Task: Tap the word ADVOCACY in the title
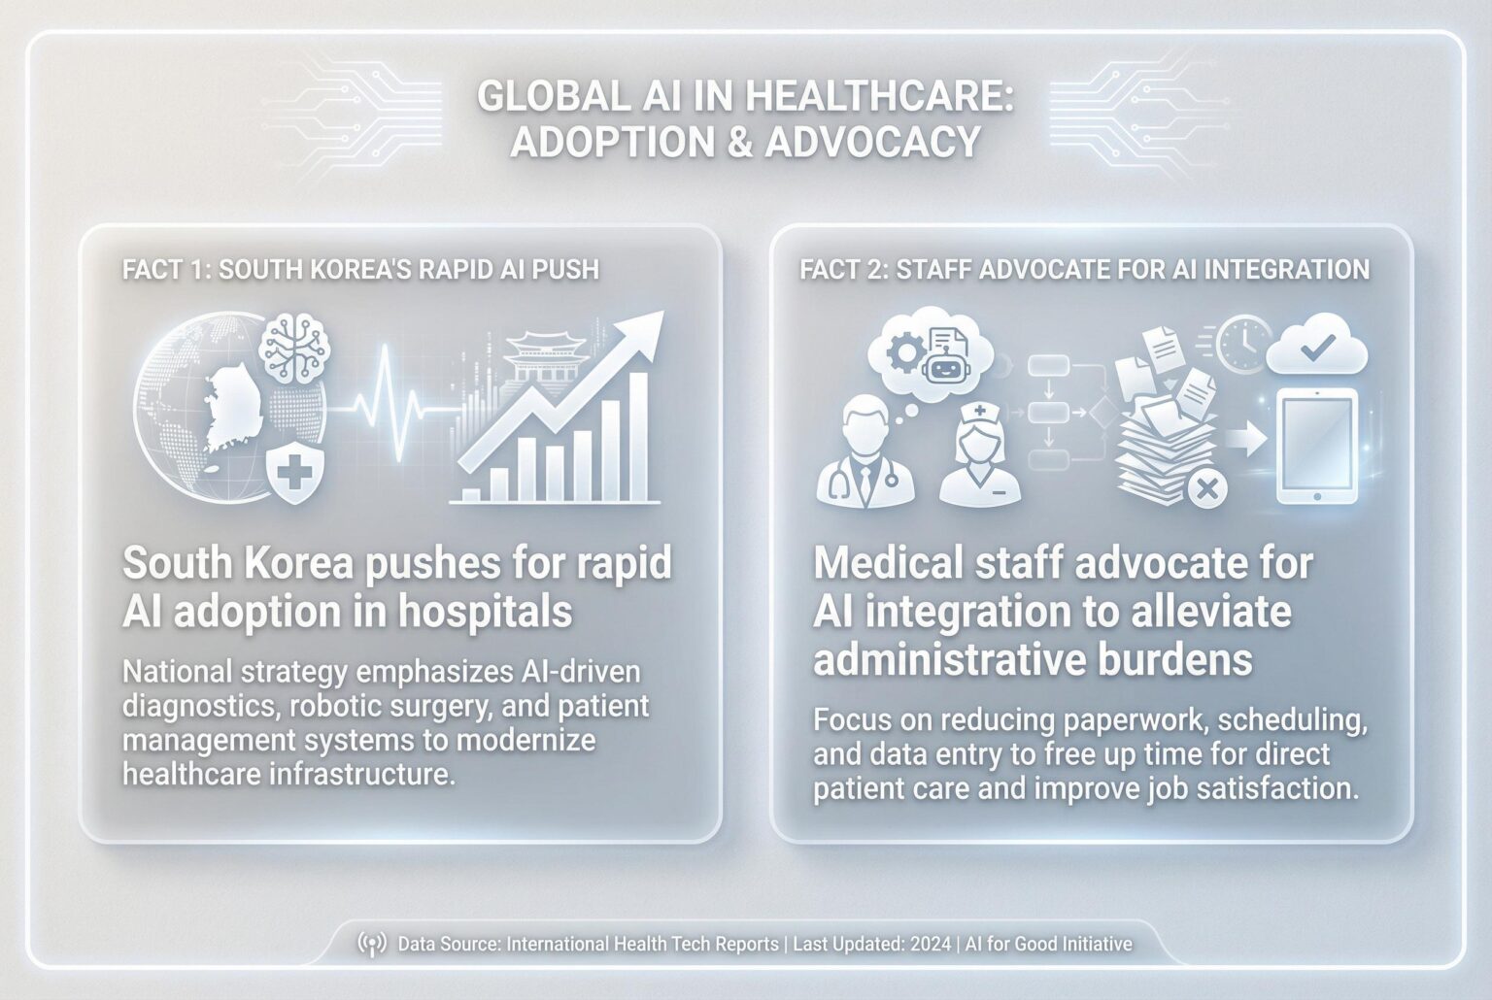click(x=872, y=143)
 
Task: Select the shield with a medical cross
click(x=293, y=474)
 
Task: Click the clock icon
click(x=1241, y=342)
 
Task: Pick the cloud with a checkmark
click(x=1316, y=348)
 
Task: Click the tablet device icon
click(x=1315, y=447)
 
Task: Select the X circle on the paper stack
click(x=1206, y=488)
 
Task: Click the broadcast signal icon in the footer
click(x=372, y=944)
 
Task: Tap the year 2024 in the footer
click(x=931, y=944)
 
